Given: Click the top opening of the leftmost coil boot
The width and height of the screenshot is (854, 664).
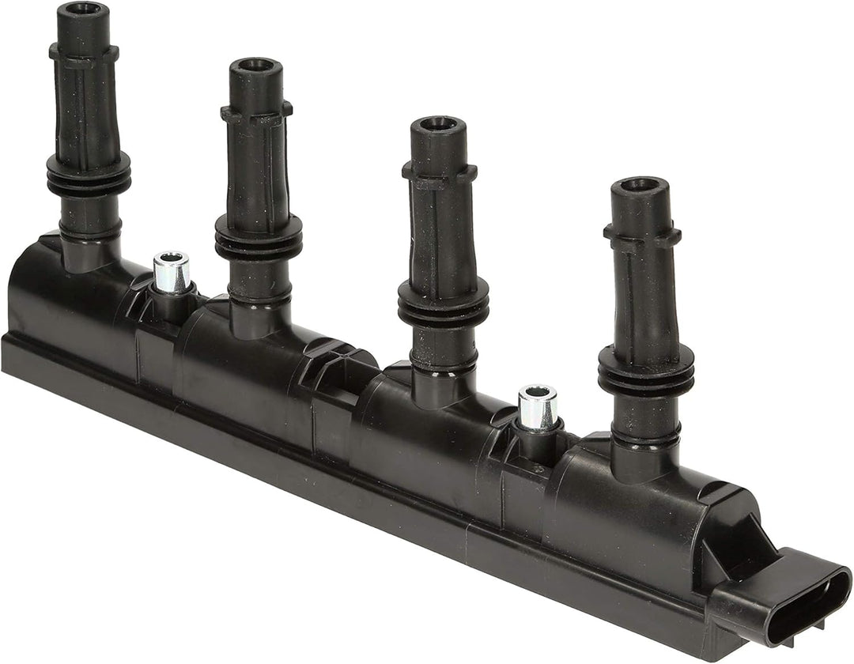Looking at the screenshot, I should [82, 9].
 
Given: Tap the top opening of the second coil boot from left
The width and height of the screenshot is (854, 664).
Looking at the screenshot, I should [255, 66].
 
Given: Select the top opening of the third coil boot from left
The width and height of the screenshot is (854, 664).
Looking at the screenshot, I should [437, 124].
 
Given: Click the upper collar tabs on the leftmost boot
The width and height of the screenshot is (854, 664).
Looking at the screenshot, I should [83, 53].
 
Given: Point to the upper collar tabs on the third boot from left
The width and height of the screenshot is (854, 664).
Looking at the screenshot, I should [439, 171].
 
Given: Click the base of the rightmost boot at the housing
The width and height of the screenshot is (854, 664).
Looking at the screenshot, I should [642, 458].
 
